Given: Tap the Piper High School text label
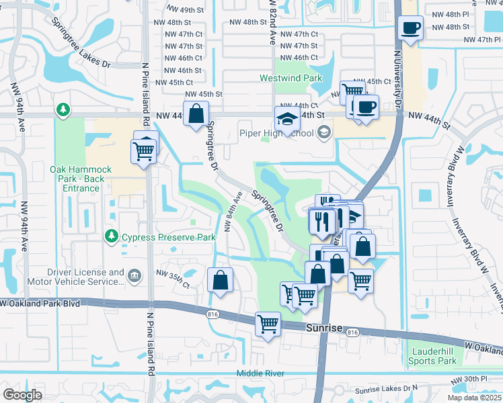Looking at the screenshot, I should pyautogui.click(x=277, y=132).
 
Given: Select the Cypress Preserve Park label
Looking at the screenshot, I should pyautogui.click(x=168, y=237).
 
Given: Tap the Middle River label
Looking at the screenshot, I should pyautogui.click(x=260, y=373).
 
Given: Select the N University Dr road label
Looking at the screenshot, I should pyautogui.click(x=397, y=81).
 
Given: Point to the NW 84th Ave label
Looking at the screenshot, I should pyautogui.click(x=233, y=211).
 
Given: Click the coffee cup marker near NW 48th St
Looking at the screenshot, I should pyautogui.click(x=410, y=28).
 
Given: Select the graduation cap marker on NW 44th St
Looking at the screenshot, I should pyautogui.click(x=287, y=119).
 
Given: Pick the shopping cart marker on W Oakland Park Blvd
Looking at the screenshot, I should pyautogui.click(x=268, y=324).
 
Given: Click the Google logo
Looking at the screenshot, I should pyautogui.click(x=22, y=394).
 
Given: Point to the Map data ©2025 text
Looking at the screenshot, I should pyautogui.click(x=475, y=398).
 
